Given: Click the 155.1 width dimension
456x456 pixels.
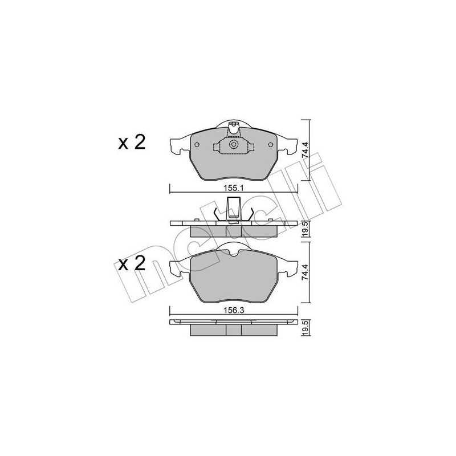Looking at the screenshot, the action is (234, 188).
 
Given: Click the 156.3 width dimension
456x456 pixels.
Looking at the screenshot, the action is (234, 310).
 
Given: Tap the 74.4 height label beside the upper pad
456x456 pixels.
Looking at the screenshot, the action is (304, 150).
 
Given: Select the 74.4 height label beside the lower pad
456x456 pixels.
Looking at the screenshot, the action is (304, 272).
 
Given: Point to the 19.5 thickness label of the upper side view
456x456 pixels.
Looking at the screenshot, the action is (305, 229).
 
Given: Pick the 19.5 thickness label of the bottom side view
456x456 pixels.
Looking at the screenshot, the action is (305, 328).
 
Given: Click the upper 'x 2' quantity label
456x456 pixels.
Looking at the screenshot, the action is (132, 142).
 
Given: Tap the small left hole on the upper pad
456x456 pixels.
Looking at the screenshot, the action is (197, 145).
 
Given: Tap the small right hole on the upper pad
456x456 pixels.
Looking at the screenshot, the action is (270, 145).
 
